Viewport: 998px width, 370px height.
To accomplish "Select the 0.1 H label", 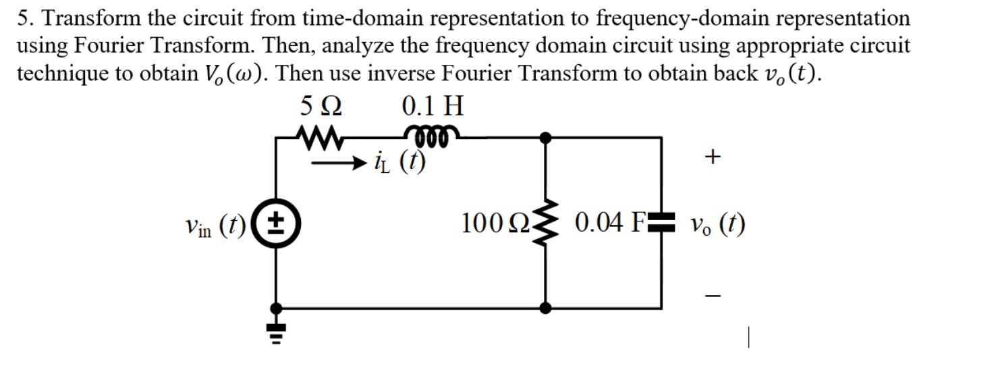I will tap(433, 107).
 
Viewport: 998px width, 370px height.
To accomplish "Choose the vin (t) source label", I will tap(215, 224).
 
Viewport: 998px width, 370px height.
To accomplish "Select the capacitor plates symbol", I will tap(660, 221).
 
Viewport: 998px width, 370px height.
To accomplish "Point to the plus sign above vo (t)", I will tap(713, 157).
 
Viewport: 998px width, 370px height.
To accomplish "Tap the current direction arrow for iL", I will tap(345, 162).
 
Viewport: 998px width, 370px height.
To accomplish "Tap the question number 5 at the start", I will tap(22, 18).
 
